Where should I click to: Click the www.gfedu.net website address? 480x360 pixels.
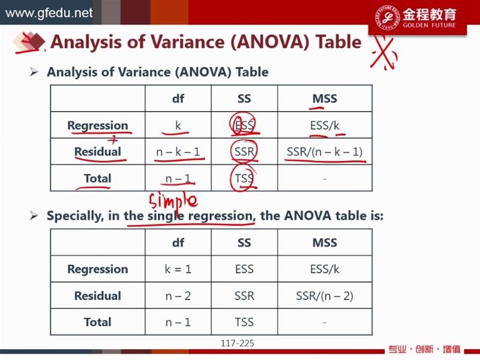49,13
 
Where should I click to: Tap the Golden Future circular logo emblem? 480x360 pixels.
387,17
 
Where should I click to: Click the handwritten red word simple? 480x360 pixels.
173,202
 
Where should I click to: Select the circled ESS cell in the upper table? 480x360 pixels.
244,125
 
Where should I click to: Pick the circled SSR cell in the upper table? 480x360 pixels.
244,151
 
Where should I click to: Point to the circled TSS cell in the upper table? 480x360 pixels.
244,178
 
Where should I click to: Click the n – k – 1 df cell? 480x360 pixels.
178,152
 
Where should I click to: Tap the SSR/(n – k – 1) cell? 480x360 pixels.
325,152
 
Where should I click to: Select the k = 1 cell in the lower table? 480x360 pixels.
178,269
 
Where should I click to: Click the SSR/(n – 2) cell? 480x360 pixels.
325,296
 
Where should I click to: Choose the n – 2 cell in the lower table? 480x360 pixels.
178,296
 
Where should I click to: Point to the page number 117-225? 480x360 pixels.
238,343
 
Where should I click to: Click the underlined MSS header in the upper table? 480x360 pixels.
325,98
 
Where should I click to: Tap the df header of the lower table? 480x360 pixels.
178,243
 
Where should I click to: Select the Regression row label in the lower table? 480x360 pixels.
98,269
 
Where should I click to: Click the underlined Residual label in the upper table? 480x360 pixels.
98,152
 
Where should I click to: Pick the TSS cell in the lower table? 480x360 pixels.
244,322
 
